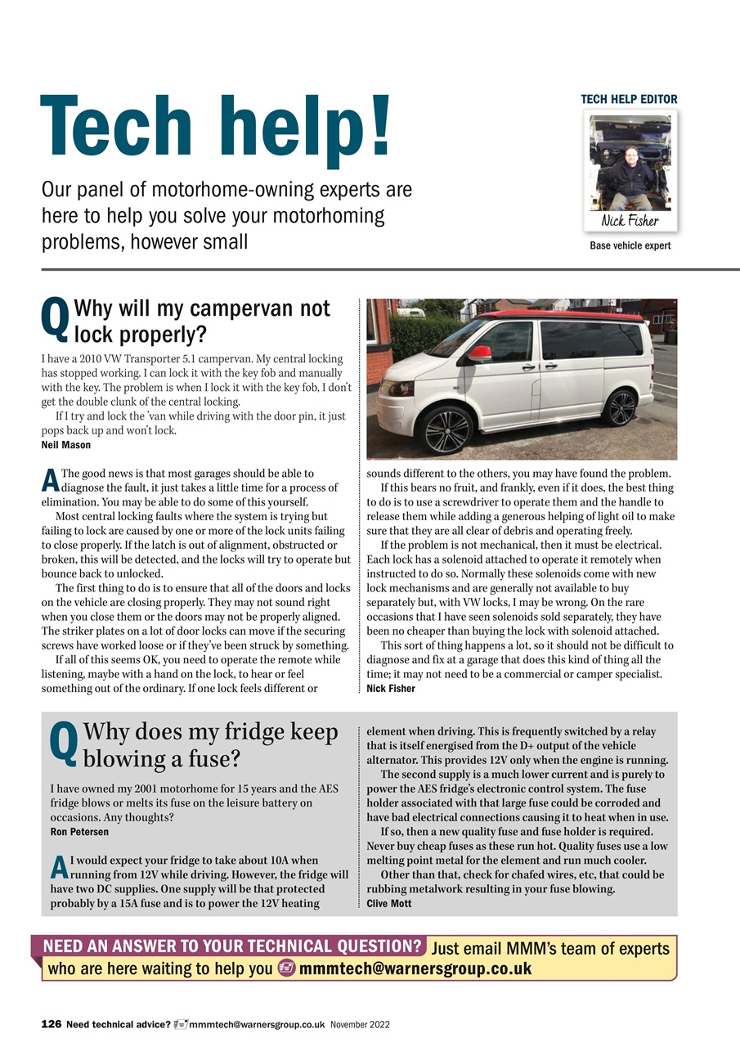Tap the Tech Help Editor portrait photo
[630, 163]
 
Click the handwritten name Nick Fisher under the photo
[630, 221]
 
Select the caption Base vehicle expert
[630, 245]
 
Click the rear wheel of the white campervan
[621, 407]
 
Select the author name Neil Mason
[66, 445]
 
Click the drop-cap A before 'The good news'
[50, 480]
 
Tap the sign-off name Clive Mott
[388, 904]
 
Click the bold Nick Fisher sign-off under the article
[391, 689]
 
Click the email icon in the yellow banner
[286, 968]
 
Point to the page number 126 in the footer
[52, 1024]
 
